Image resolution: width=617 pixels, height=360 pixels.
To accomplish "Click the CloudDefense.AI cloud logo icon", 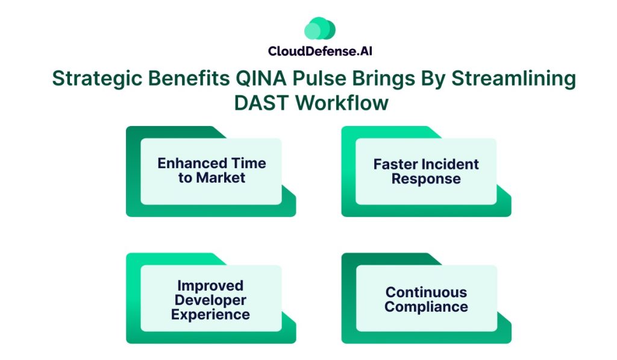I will coord(319,29).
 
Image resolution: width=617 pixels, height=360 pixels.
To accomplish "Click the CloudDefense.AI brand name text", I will coord(320,51).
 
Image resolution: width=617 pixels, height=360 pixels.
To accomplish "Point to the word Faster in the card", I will coord(396,165).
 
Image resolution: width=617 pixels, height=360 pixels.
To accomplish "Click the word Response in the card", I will coord(426,179).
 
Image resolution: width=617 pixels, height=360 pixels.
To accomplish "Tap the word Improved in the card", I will coord(210,285).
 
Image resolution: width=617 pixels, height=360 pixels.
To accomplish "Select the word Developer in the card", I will coord(210,300).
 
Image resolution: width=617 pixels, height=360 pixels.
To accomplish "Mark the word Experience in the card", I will coord(210,314).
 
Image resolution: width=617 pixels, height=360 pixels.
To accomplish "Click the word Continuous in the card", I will coord(426,292).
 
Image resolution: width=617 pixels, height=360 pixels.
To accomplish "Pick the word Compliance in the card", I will coord(426,307).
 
